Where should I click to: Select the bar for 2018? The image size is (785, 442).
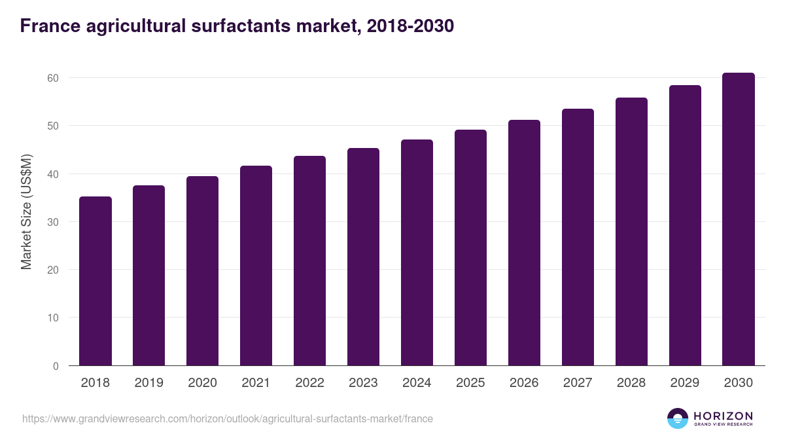tap(96, 281)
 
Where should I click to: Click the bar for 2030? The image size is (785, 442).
tap(738, 219)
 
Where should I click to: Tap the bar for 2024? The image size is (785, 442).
tap(417, 253)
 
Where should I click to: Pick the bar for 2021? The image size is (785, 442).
tap(256, 266)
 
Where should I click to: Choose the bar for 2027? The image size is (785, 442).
tap(578, 237)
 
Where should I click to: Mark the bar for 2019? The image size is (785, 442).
tap(148, 276)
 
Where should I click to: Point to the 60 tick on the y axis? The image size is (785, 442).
tap(53, 78)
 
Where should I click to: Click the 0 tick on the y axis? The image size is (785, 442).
tap(56, 366)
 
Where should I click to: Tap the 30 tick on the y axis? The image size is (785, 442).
tap(53, 222)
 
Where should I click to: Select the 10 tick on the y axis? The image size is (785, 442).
tap(53, 318)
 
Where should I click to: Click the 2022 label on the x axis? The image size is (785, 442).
tap(309, 383)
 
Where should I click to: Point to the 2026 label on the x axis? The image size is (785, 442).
tap(524, 383)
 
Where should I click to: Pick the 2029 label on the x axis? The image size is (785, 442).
tap(685, 383)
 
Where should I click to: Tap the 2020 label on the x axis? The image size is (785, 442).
tap(202, 383)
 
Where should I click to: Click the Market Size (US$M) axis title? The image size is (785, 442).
tap(27, 212)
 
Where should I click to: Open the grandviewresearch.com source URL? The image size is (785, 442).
tap(228, 418)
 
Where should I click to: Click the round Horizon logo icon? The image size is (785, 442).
tap(678, 418)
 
